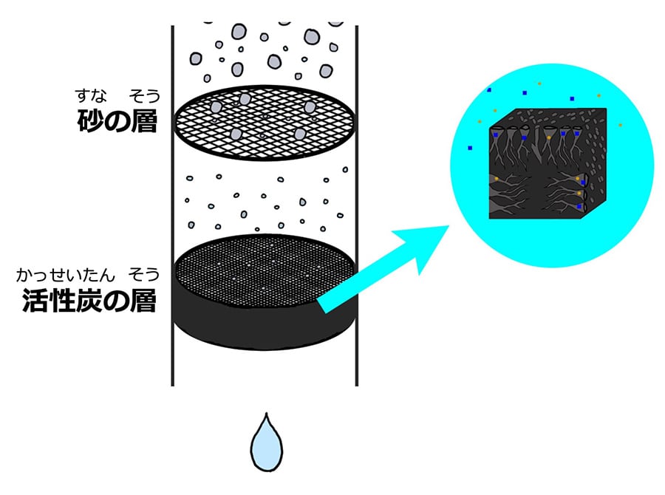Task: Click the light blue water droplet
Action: (266, 445)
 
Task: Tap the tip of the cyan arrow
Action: (449, 226)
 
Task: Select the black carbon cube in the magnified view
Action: (548, 164)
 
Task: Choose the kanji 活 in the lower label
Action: (35, 300)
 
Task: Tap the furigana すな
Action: (91, 95)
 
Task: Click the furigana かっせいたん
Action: (66, 276)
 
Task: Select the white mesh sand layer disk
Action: (265, 122)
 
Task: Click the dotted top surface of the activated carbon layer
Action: (265, 271)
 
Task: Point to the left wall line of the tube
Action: (173, 205)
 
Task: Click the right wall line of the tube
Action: (357, 205)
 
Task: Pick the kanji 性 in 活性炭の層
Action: (62, 300)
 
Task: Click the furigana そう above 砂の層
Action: (145, 96)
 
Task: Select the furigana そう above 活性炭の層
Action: (144, 276)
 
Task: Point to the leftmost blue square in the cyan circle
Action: (470, 148)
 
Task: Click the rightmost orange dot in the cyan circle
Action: (620, 125)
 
